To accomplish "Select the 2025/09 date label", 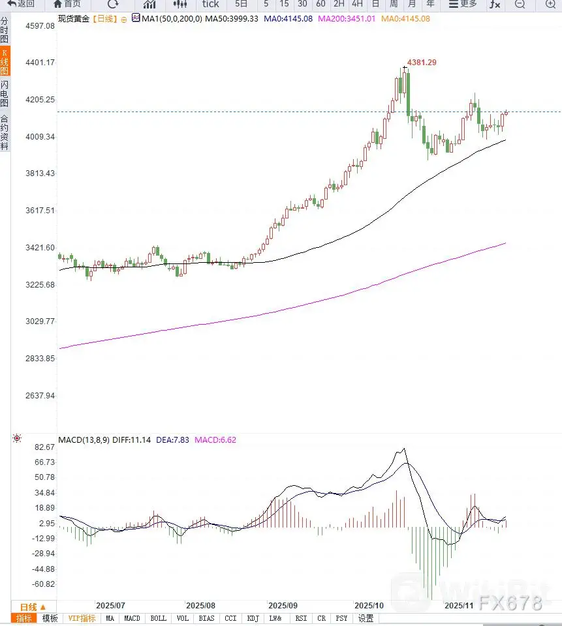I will point(283,605).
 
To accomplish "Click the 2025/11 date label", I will point(459,605).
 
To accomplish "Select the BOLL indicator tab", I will point(158,618).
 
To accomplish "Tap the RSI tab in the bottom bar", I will point(301,618).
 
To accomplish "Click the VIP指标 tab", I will point(82,618).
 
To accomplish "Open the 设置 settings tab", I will point(366,618).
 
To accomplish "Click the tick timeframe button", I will point(210,5).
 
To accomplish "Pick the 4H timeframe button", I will point(357,5).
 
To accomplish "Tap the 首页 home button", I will point(67,5).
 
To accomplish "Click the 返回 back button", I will point(21,5).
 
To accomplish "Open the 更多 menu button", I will point(463,5).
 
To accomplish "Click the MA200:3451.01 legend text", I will point(347,18).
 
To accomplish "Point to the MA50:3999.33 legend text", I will point(232,18).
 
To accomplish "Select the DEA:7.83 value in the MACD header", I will point(173,440).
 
